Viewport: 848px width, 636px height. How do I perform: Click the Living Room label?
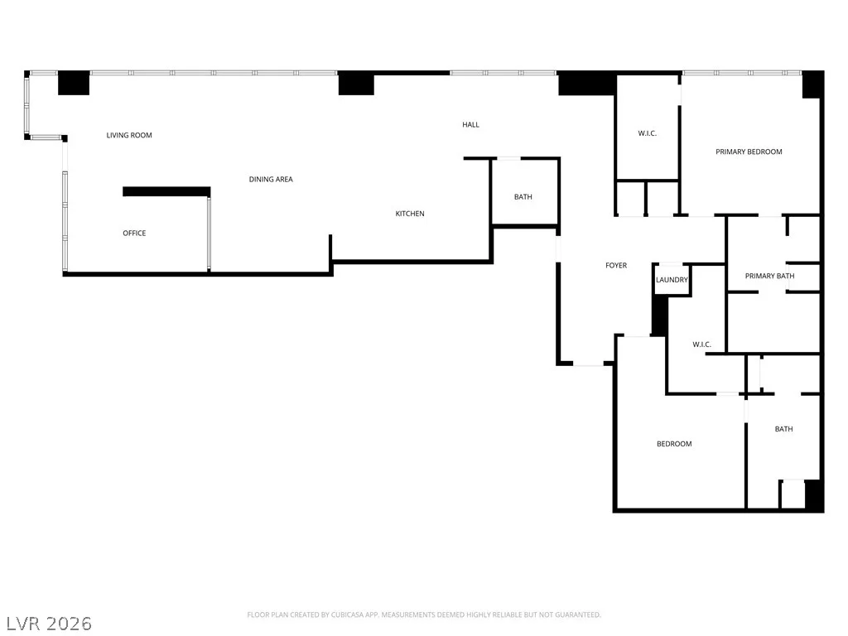129,135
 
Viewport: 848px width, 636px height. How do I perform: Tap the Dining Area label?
271,179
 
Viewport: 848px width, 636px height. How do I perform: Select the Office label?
134,233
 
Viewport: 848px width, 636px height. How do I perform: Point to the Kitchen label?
409,214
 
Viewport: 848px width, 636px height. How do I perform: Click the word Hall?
470,124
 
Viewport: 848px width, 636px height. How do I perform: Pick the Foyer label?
616,265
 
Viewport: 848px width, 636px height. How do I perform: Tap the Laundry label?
672,280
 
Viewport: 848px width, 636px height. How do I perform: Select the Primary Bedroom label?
749,152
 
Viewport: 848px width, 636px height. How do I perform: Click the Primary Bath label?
769,276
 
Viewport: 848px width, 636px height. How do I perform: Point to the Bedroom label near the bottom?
674,444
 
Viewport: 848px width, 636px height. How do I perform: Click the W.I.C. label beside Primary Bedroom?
647,133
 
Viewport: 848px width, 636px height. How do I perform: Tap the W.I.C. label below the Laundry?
701,344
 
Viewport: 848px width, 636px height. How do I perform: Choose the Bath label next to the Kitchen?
523,197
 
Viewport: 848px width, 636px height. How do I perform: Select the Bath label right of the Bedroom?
783,429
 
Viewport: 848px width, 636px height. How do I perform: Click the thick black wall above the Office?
166,191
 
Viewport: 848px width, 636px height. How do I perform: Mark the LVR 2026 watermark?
49,624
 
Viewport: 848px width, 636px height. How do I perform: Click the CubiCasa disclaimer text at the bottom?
424,614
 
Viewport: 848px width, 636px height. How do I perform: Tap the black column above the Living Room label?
74,83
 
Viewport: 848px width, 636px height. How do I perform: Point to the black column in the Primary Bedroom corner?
812,85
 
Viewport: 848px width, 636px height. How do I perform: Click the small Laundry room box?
672,280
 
